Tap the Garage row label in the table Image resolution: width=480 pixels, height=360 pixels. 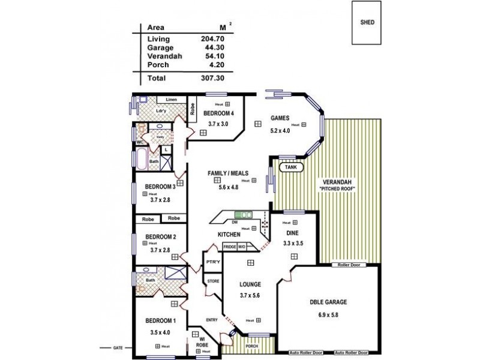(160, 47)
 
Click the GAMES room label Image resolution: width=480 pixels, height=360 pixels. (280, 118)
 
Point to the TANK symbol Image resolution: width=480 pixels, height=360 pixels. (290, 167)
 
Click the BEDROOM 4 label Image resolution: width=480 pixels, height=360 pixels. (219, 113)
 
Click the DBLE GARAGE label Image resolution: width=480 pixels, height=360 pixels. (329, 302)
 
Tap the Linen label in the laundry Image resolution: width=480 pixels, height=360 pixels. (172, 99)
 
